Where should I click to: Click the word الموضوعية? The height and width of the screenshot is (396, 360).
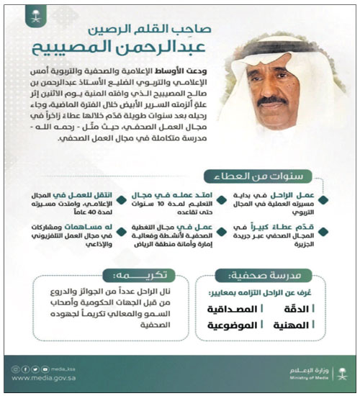click(230, 326)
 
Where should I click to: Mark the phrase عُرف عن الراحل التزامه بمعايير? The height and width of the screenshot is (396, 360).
click(270, 294)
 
